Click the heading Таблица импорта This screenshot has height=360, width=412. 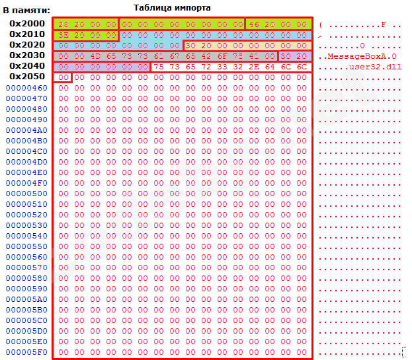[x=172, y=7]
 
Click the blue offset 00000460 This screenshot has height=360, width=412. [x=26, y=88]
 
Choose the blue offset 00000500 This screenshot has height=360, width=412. [x=26, y=194]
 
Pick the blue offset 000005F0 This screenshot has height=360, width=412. [x=26, y=352]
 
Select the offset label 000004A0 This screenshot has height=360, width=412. [x=26, y=130]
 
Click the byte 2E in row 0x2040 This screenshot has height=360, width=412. [x=254, y=67]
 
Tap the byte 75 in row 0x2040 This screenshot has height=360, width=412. [x=159, y=67]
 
